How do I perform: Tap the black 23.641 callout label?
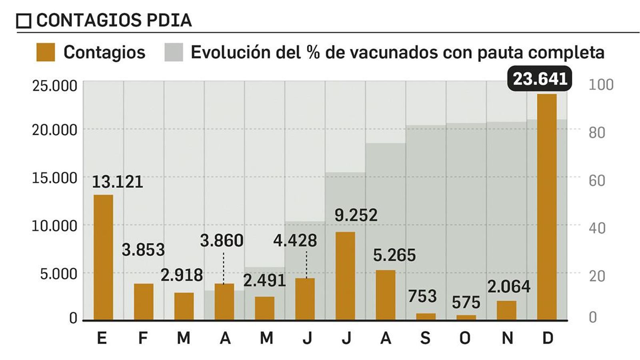[540, 79]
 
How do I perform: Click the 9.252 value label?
[356, 215]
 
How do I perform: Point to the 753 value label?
[422, 296]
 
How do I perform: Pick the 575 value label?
[466, 302]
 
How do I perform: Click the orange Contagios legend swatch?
[45, 52]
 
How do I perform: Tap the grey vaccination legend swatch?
[174, 52]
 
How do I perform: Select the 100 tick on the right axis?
[601, 85]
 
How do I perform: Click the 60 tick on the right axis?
[596, 180]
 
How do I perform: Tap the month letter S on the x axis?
[425, 338]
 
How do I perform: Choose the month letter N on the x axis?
[507, 338]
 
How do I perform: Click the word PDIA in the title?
[169, 20]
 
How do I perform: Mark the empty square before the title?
[24, 21]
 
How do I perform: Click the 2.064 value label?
[508, 286]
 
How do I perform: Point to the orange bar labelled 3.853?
[144, 302]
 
